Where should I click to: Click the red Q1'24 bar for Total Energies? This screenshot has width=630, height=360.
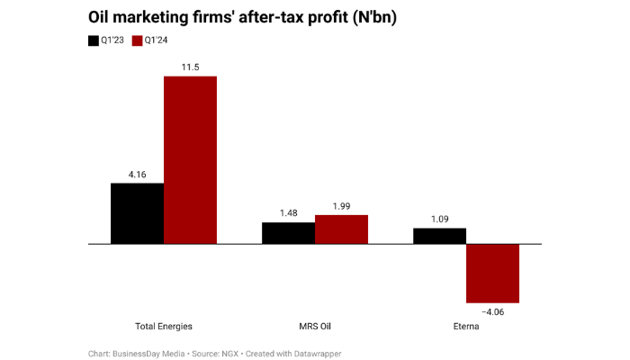click(190, 159)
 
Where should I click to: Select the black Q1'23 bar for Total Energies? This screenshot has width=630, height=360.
click(137, 213)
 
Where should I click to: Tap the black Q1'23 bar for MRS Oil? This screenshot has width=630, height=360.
click(288, 233)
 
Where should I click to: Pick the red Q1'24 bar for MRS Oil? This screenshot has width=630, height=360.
click(341, 229)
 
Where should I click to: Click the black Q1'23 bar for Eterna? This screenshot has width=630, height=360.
click(439, 236)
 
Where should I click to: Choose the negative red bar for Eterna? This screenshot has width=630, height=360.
click(492, 273)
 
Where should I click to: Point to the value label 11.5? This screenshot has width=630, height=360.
click(190, 67)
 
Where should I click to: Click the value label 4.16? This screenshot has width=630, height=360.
click(137, 174)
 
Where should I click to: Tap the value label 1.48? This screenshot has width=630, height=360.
click(288, 213)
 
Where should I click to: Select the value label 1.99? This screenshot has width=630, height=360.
click(341, 206)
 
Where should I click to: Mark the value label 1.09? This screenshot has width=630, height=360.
click(439, 219)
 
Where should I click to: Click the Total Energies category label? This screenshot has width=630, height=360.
click(163, 326)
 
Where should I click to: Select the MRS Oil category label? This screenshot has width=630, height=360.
click(315, 326)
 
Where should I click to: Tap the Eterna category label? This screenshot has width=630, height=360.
click(466, 326)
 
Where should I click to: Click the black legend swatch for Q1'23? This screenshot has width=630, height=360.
click(94, 40)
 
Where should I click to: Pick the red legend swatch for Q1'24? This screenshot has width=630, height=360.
click(138, 40)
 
